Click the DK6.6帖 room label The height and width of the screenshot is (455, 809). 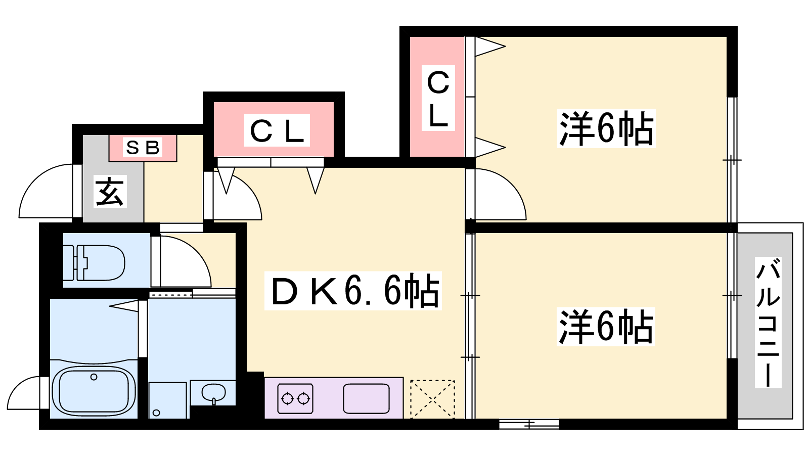tap(353, 291)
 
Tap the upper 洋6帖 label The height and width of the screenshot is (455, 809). tap(606, 128)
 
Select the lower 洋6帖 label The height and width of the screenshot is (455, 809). tap(606, 327)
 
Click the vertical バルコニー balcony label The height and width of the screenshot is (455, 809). tap(768, 323)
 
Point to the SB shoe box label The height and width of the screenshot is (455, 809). tap(143, 147)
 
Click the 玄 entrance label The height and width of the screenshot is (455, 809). tap(110, 192)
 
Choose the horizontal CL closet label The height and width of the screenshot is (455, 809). tap(277, 130)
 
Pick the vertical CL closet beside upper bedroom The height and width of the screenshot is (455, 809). tap(438, 98)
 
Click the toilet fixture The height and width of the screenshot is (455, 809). tap(94, 262)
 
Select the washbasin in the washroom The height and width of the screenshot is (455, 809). tap(213, 392)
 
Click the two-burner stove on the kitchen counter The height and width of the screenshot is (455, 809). tap(295, 399)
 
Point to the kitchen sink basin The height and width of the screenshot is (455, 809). tap(366, 399)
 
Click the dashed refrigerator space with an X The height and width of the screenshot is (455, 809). tap(432, 399)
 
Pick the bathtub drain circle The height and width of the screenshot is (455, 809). tap(94, 377)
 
